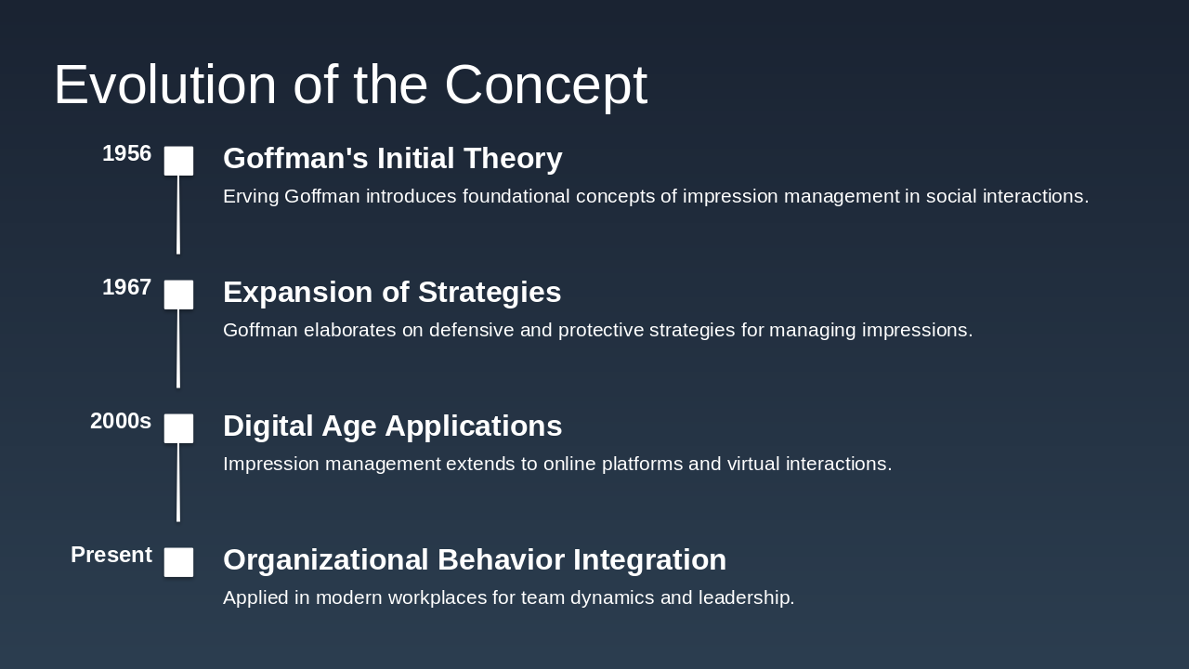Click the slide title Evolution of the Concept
[x=350, y=85]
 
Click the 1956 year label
[x=126, y=153]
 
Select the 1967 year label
[x=126, y=287]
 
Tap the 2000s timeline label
[x=121, y=421]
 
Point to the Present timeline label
[x=111, y=555]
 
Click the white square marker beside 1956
[x=179, y=161]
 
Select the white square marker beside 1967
[x=179, y=295]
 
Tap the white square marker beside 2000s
[x=179, y=428]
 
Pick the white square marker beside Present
[x=179, y=562]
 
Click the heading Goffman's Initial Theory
[x=392, y=158]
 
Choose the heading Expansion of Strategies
[x=392, y=292]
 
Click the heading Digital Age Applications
[x=392, y=426]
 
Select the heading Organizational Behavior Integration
[x=475, y=559]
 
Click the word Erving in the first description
[x=251, y=196]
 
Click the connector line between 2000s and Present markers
[x=178, y=483]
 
